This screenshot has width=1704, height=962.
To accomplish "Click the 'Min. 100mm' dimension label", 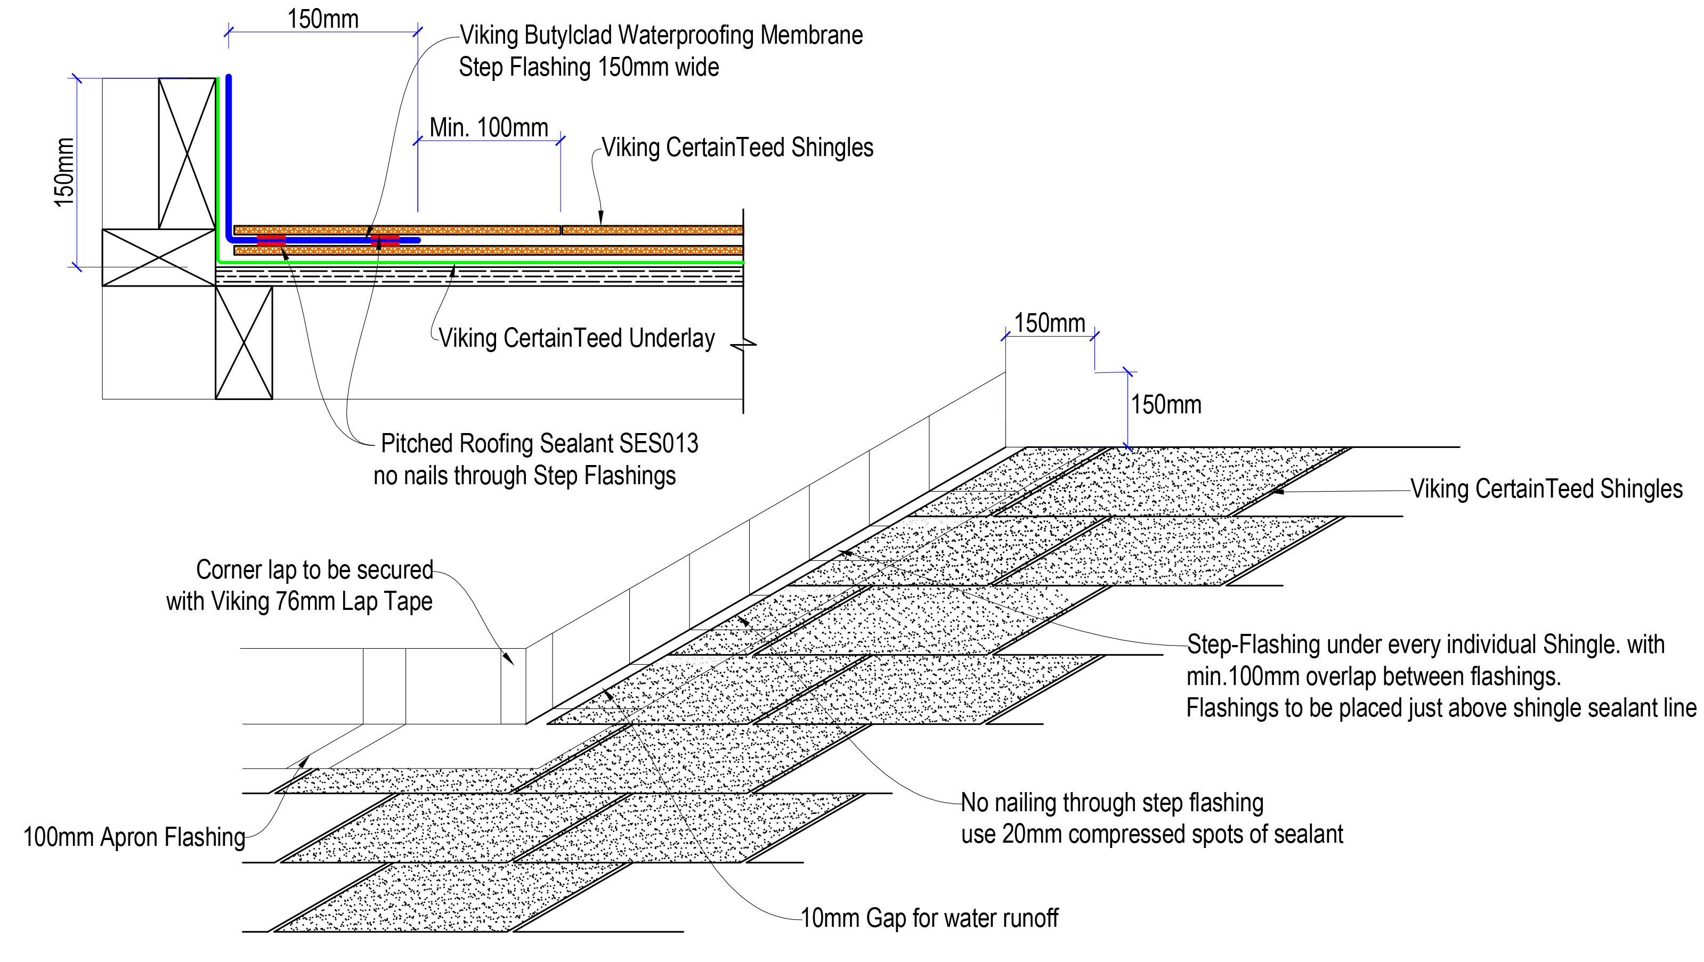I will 488,128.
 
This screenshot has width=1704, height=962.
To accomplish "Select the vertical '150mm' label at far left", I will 64,172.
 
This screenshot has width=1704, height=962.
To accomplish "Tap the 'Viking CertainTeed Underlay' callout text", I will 576,339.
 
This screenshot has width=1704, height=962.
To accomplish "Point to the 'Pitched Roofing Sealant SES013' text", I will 539,444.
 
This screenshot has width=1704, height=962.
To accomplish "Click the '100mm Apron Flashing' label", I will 134,837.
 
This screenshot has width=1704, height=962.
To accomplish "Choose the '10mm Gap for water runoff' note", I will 929,918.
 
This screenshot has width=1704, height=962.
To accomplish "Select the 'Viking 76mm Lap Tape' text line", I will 299,602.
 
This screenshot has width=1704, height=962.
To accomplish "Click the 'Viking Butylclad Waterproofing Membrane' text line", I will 661,35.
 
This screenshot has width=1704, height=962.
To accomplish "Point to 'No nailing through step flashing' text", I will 1112,803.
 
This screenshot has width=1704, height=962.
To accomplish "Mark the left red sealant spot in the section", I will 271,240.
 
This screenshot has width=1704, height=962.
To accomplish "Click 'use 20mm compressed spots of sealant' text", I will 1151,834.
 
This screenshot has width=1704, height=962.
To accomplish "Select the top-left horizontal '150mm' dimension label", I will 323,19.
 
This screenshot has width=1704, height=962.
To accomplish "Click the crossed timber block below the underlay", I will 244,343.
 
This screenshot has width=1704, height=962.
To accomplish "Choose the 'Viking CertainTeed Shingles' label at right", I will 1546,490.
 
